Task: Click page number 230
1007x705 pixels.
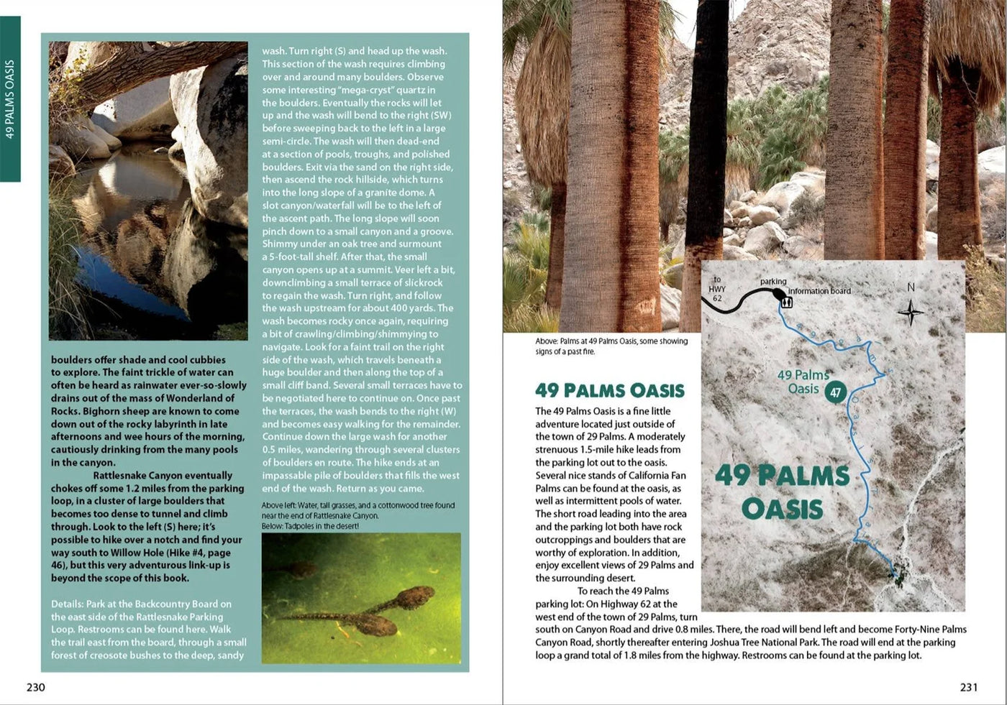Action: tap(35, 687)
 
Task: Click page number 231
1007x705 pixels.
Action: tap(968, 687)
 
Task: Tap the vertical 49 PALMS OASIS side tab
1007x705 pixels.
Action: tap(10, 99)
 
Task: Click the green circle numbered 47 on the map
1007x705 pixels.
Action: tap(835, 392)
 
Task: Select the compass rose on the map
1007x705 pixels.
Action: tap(911, 313)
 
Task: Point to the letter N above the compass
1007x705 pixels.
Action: tap(911, 287)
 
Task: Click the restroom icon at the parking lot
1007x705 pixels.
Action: tap(786, 303)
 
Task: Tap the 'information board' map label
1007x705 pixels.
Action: tap(819, 291)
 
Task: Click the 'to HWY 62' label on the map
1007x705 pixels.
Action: tap(717, 289)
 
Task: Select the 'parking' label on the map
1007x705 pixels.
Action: tap(773, 281)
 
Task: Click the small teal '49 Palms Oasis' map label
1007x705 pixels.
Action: tap(803, 382)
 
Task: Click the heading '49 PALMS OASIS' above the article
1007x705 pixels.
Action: tap(609, 390)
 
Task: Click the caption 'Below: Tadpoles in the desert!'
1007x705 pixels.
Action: tap(310, 526)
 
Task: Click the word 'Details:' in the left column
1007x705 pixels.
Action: tap(67, 604)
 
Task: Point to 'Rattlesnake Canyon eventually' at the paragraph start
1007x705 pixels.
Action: tap(163, 475)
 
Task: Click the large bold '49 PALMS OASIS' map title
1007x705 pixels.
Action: tap(782, 492)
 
